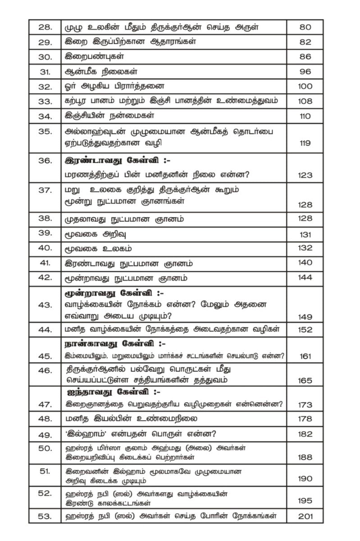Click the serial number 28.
(x=45, y=27)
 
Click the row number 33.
(x=45, y=101)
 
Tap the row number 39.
(x=45, y=234)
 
